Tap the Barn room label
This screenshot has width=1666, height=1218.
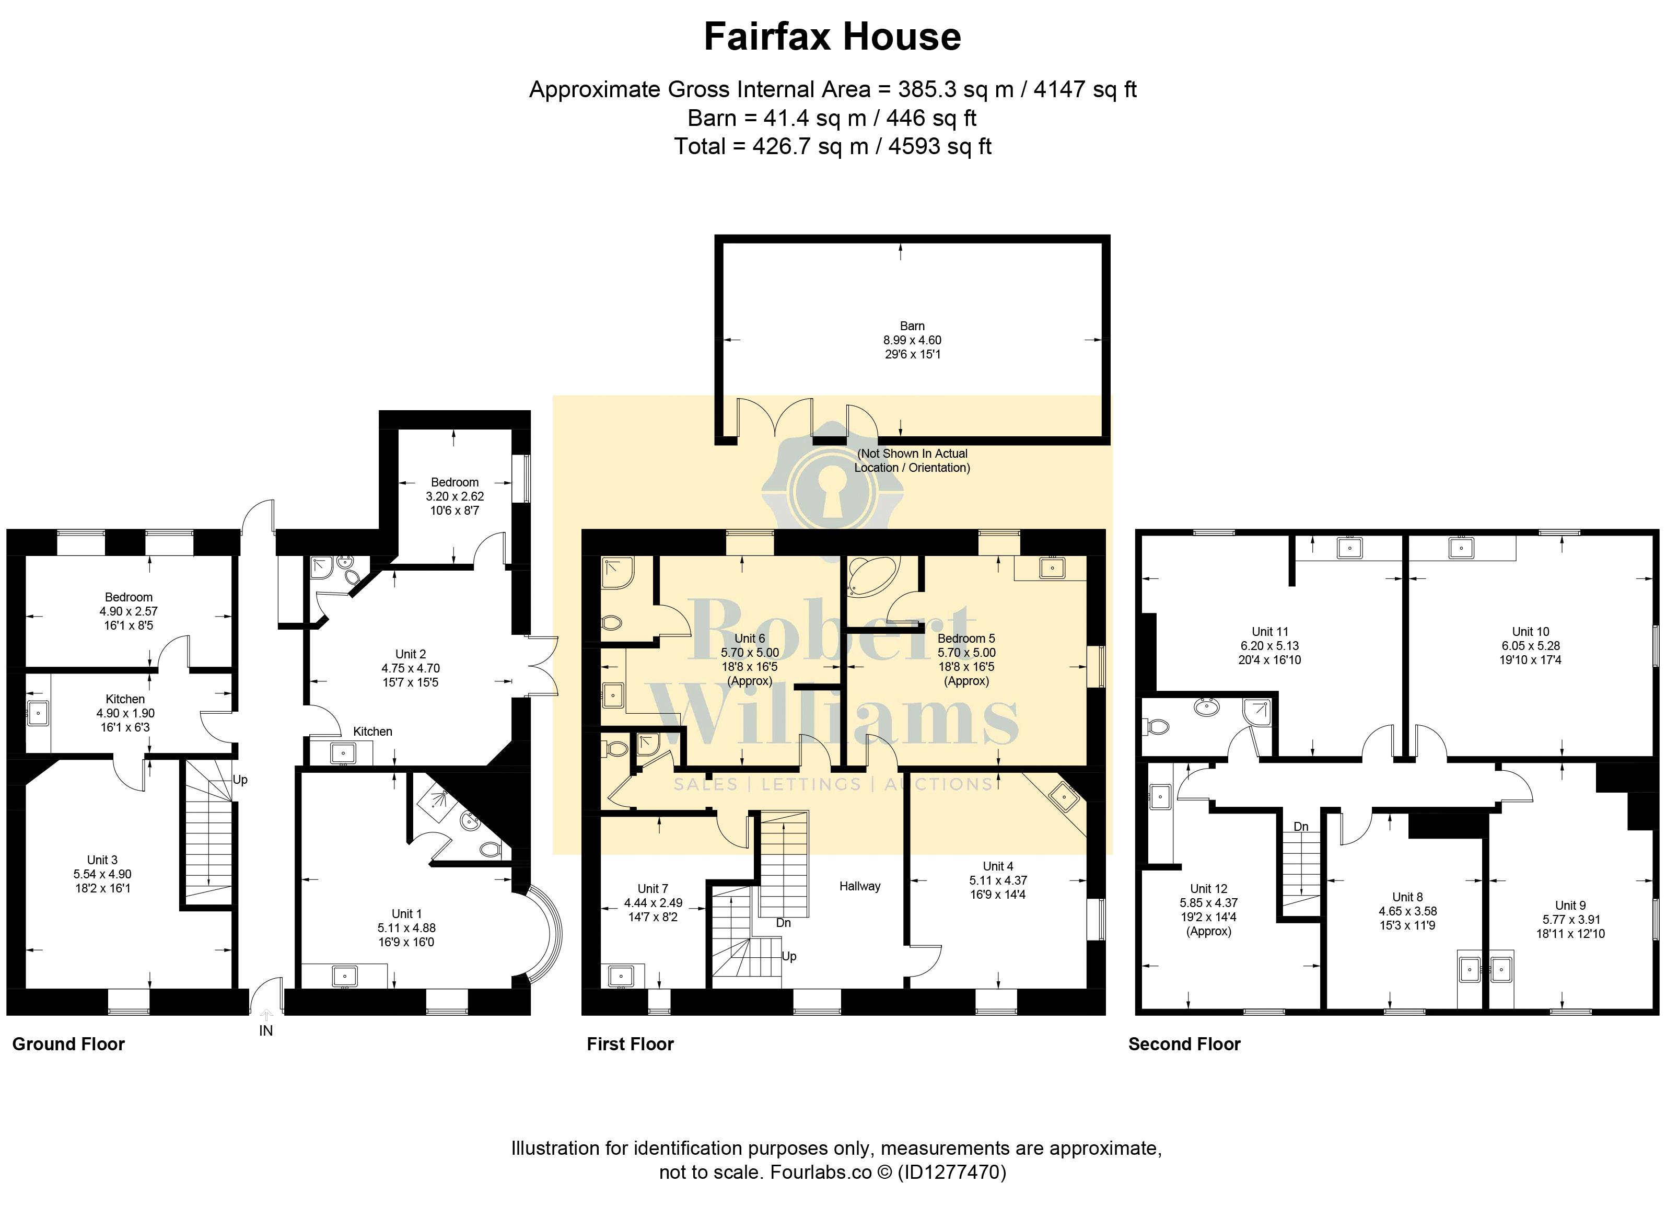pyautogui.click(x=912, y=326)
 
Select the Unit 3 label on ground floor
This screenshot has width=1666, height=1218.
pyautogui.click(x=102, y=860)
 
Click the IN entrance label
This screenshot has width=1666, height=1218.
pyautogui.click(x=266, y=1031)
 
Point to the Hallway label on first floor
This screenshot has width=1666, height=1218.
pyautogui.click(x=859, y=886)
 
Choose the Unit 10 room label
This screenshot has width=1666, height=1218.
pyautogui.click(x=1530, y=631)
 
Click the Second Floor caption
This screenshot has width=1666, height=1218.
pyautogui.click(x=1184, y=1044)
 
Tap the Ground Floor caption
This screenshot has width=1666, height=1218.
pyautogui.click(x=68, y=1044)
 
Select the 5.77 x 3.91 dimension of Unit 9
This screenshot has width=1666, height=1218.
pyautogui.click(x=1570, y=920)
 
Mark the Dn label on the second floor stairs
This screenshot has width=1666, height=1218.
pyautogui.click(x=1301, y=827)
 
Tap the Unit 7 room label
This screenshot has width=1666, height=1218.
pyautogui.click(x=653, y=888)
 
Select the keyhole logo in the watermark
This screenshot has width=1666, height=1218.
pyautogui.click(x=833, y=489)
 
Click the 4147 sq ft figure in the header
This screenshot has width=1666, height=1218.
pyautogui.click(x=1085, y=89)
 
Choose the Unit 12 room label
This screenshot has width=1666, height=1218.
pyautogui.click(x=1209, y=888)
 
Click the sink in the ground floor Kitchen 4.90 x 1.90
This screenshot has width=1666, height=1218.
pyautogui.click(x=38, y=713)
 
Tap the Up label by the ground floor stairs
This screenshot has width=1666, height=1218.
pyautogui.click(x=240, y=779)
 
